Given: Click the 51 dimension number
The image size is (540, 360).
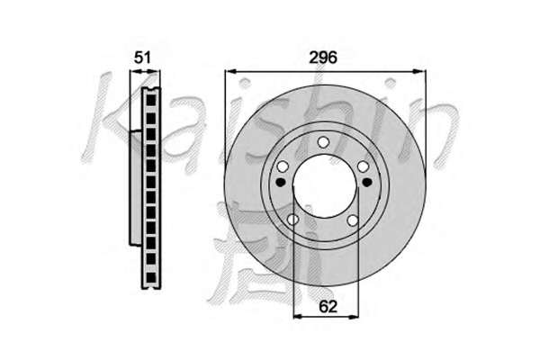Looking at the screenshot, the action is point(142,58).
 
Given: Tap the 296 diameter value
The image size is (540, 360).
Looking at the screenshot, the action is point(323,58).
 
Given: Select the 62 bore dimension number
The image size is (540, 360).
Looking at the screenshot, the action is point(328,306).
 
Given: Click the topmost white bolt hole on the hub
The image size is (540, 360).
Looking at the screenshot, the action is point(323,141).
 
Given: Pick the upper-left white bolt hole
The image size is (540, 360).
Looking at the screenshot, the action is point(283,166).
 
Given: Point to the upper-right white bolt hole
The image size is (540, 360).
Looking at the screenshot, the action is point(364,166).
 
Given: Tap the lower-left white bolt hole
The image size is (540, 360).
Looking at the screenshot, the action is point(292,219).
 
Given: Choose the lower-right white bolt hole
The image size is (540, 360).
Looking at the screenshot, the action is point(353,220).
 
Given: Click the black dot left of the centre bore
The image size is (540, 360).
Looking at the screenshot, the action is point(281,182).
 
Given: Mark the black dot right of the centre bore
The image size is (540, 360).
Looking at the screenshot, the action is point(367,182).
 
